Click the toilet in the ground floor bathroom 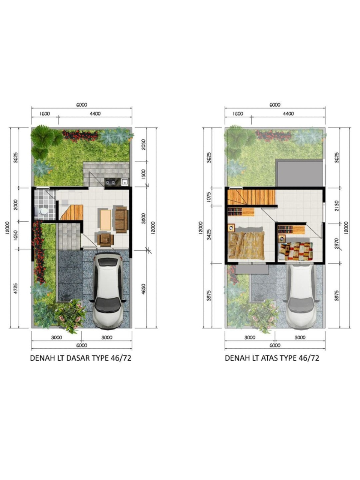click(43, 211)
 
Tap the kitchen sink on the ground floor click(125, 182)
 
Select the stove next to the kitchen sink click(110, 182)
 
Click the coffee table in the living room click(106, 219)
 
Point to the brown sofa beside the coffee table click(121, 220)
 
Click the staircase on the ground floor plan click(72, 213)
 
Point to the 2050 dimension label click(143, 144)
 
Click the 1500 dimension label click(143, 174)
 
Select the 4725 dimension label click(16, 288)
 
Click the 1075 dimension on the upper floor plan click(209, 196)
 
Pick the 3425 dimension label click(209, 234)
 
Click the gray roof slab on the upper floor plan click(300, 173)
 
